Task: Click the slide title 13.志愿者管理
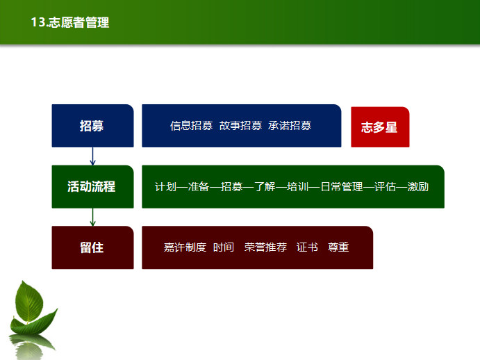pos(69,22)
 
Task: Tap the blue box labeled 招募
pos(92,126)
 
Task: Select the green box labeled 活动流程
pos(92,186)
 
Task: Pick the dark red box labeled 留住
pos(92,247)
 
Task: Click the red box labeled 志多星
pos(380,127)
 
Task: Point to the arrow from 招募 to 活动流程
pos(92,156)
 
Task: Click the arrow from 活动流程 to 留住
pos(92,218)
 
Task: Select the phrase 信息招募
pos(191,126)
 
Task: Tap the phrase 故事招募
pos(240,126)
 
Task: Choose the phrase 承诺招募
pos(290,126)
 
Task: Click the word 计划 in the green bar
pos(165,186)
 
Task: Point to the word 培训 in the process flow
pos(297,186)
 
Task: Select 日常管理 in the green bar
pos(342,186)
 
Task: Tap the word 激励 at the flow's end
pos(418,186)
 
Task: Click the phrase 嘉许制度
pos(185,247)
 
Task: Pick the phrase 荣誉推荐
pos(266,247)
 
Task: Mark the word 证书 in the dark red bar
pos(307,247)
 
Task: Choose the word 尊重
pos(338,247)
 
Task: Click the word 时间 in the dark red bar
pos(224,247)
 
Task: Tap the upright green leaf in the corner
pos(29,302)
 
